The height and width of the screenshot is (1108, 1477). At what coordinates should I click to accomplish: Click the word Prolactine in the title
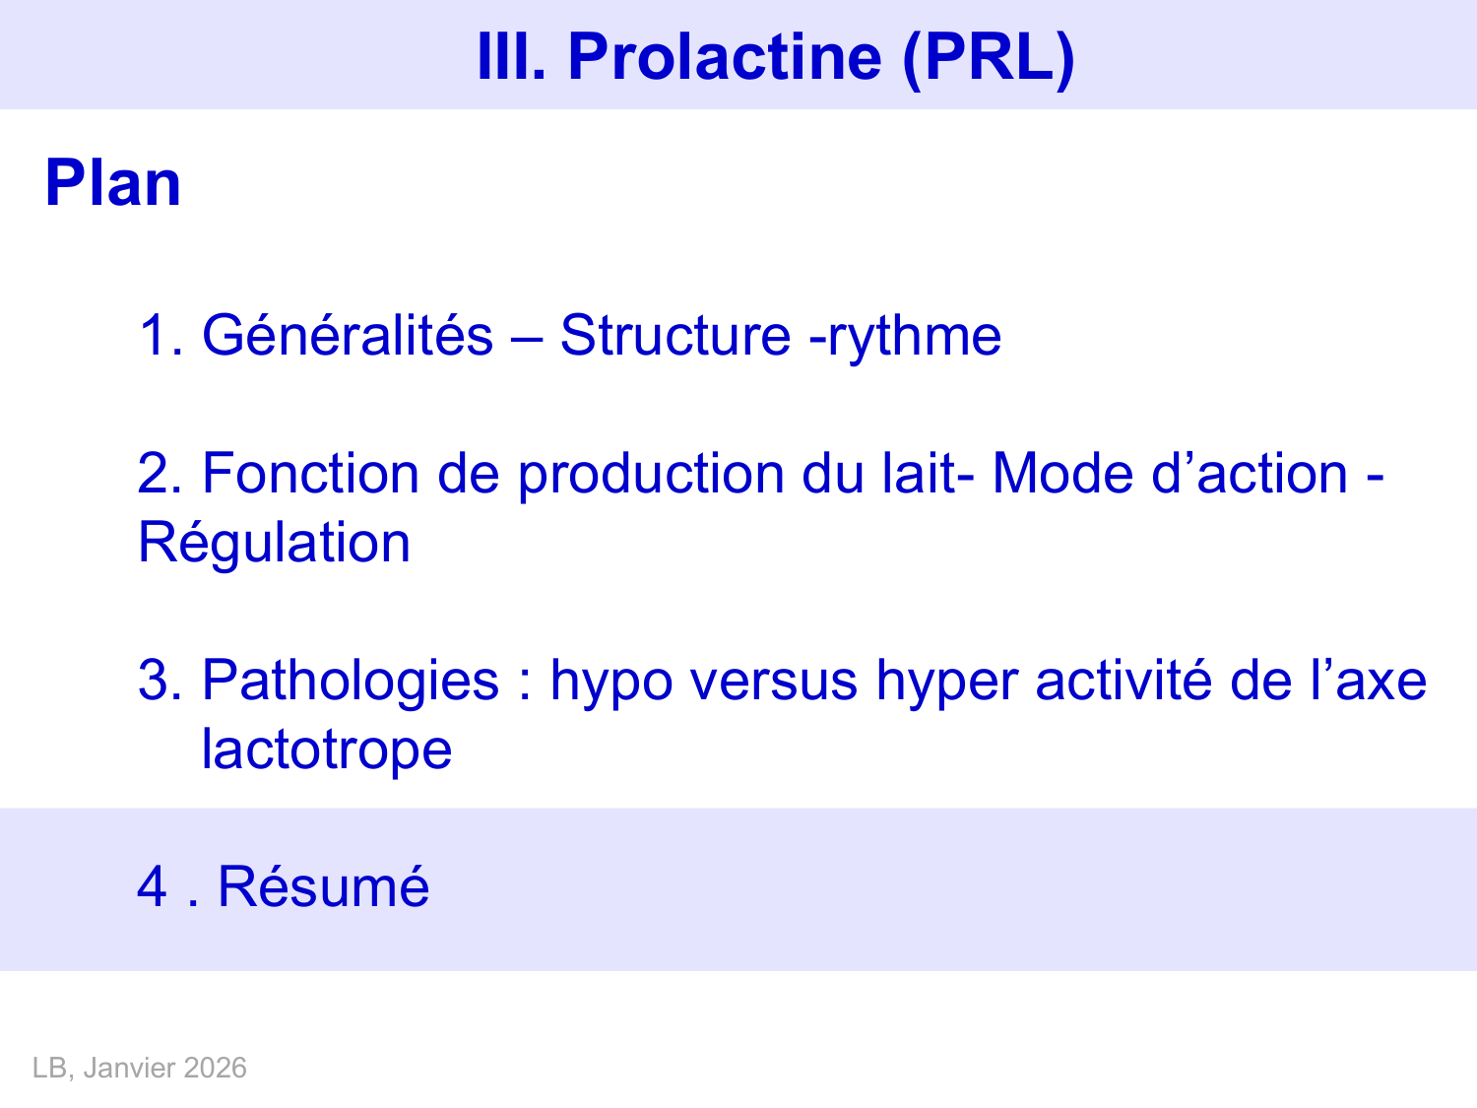click(725, 56)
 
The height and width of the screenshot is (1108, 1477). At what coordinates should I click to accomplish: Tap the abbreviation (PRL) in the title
click(988, 56)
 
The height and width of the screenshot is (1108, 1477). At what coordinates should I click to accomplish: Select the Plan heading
click(113, 183)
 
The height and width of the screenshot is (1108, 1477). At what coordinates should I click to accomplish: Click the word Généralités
click(347, 335)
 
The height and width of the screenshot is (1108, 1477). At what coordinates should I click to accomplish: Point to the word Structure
click(674, 335)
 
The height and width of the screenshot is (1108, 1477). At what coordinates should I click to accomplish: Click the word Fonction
click(310, 474)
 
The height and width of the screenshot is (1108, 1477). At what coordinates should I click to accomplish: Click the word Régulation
click(274, 543)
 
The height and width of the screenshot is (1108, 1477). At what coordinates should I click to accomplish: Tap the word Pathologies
click(351, 681)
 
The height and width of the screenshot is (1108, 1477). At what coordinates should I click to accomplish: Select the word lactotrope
click(326, 750)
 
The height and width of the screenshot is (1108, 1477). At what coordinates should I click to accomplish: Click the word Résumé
click(323, 885)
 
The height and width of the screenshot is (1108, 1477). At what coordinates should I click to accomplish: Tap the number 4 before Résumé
click(153, 885)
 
